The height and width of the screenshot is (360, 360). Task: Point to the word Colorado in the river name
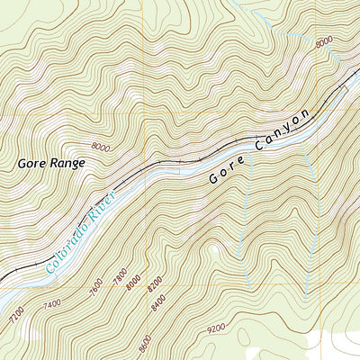point(64,243)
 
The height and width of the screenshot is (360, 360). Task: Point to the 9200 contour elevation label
point(216,330)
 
